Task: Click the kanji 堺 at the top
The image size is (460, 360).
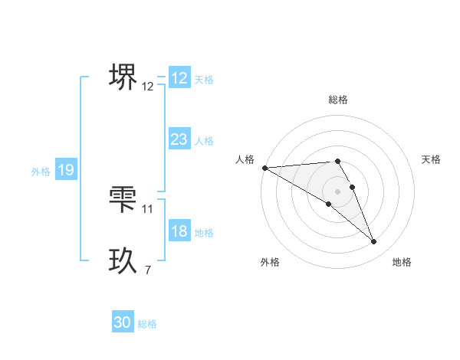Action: pyautogui.click(x=123, y=77)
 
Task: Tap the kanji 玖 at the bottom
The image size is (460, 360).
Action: pyautogui.click(x=123, y=261)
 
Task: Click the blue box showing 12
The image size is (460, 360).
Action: pyautogui.click(x=179, y=78)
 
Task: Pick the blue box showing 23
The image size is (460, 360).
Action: pyautogui.click(x=179, y=139)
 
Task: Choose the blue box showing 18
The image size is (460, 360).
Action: pyautogui.click(x=179, y=232)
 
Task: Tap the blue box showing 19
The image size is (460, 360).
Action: pyautogui.click(x=65, y=170)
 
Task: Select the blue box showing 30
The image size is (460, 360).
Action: pyautogui.click(x=123, y=322)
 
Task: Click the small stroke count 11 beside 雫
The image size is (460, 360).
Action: pyautogui.click(x=148, y=208)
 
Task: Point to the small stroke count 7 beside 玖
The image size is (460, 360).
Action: pyautogui.click(x=148, y=270)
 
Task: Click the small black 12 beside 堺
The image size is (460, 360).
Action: pyautogui.click(x=148, y=87)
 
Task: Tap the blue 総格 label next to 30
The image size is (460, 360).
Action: pyautogui.click(x=147, y=325)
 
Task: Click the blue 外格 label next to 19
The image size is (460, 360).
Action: pyautogui.click(x=41, y=172)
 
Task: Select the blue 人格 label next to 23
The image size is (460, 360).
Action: pyautogui.click(x=204, y=141)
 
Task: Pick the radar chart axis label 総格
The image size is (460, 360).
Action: pyautogui.click(x=338, y=100)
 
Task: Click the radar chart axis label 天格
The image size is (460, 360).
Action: pyautogui.click(x=432, y=159)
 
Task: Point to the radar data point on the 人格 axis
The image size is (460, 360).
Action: pyautogui.click(x=264, y=167)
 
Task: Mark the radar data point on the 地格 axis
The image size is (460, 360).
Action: pyautogui.click(x=374, y=242)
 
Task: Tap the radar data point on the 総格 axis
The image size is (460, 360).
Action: pyautogui.click(x=338, y=161)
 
